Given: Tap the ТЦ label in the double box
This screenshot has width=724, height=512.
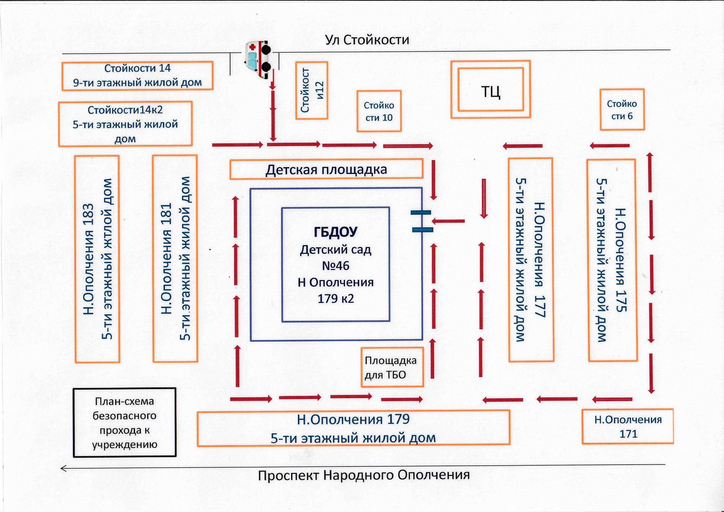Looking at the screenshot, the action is (x=491, y=92).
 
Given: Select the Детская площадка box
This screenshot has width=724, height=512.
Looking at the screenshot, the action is (x=326, y=169).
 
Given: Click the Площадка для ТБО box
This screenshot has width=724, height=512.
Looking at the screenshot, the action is (x=392, y=367).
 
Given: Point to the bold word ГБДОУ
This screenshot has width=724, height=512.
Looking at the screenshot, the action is (x=335, y=232).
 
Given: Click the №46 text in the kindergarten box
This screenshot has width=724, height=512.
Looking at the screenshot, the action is (x=335, y=266).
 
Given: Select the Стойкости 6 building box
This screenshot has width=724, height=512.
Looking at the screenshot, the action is (x=622, y=110).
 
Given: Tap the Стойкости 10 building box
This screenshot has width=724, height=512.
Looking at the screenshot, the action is (x=379, y=111).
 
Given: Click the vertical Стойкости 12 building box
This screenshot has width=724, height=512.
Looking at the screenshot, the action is (x=312, y=90).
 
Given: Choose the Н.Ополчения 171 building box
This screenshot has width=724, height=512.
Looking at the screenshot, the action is (x=627, y=427).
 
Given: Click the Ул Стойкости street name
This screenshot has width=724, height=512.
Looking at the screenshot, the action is (x=367, y=40).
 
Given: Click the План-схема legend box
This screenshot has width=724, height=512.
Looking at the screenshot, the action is (x=124, y=423).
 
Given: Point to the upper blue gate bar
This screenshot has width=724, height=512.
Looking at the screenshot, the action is (x=421, y=212).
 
